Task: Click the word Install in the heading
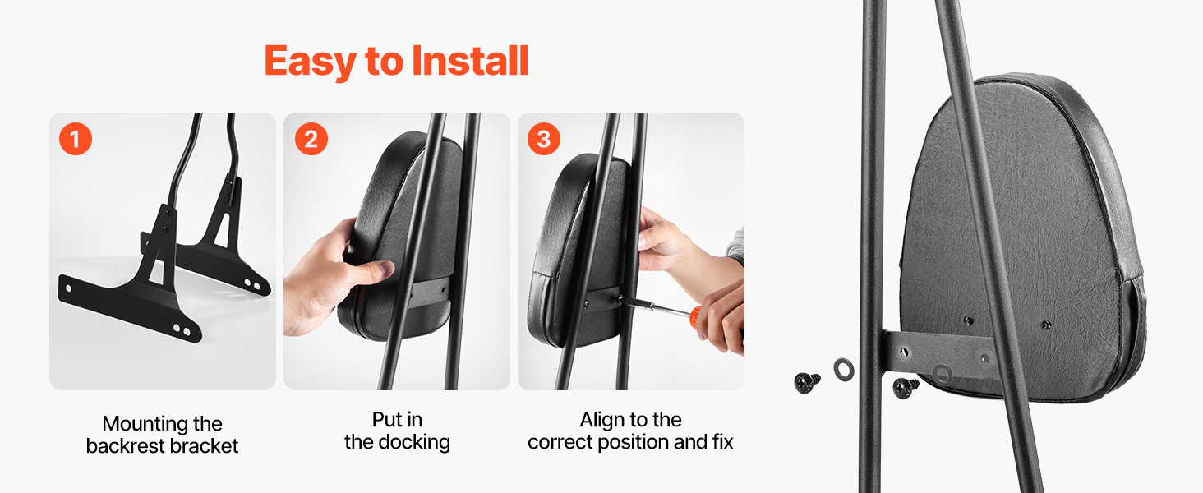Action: (x=471, y=61)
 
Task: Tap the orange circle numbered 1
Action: (x=76, y=139)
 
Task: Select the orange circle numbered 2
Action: (x=311, y=139)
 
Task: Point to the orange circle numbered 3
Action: (x=544, y=139)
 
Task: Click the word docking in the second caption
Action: (x=414, y=443)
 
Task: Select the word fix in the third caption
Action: (x=723, y=442)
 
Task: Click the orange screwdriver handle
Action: (x=694, y=317)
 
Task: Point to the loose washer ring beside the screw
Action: (x=844, y=370)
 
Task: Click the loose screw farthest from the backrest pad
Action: (x=807, y=382)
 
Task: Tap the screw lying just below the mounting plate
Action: (x=906, y=387)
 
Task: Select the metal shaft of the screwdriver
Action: (x=656, y=308)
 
